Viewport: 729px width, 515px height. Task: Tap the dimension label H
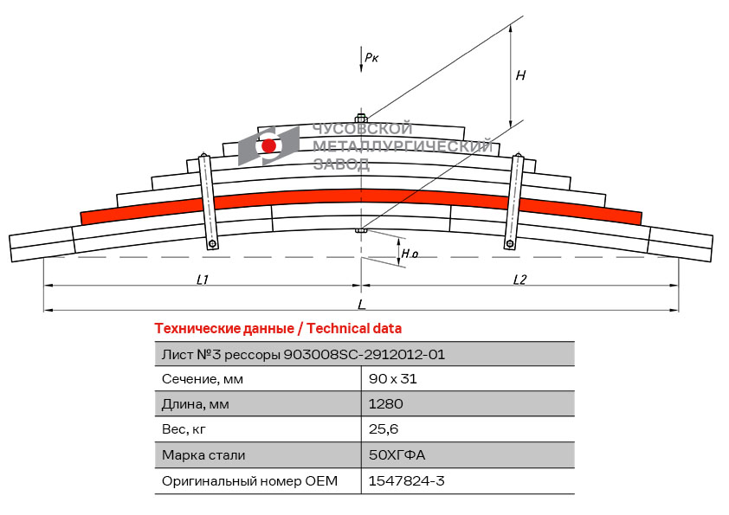pyautogui.click(x=520, y=75)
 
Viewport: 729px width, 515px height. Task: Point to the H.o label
pyautogui.click(x=410, y=254)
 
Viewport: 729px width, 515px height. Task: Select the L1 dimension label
pyautogui.click(x=203, y=279)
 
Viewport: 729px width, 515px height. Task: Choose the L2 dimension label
pyautogui.click(x=519, y=279)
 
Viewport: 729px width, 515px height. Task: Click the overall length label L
pyautogui.click(x=361, y=304)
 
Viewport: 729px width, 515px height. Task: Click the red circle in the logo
pyautogui.click(x=269, y=145)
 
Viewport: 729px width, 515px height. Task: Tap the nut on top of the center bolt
pyautogui.click(x=361, y=118)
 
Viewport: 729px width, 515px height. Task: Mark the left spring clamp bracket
pyautogui.click(x=208, y=202)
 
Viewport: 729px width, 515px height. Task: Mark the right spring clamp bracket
pyautogui.click(x=514, y=202)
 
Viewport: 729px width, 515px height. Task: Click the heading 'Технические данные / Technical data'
pyautogui.click(x=278, y=329)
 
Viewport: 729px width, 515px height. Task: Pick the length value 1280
pyautogui.click(x=386, y=404)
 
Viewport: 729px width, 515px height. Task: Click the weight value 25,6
pyautogui.click(x=384, y=429)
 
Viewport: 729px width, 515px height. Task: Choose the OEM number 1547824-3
pyautogui.click(x=406, y=480)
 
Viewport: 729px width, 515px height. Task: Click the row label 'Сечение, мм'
pyautogui.click(x=203, y=379)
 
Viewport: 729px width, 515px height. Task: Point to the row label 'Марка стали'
pyautogui.click(x=203, y=455)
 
